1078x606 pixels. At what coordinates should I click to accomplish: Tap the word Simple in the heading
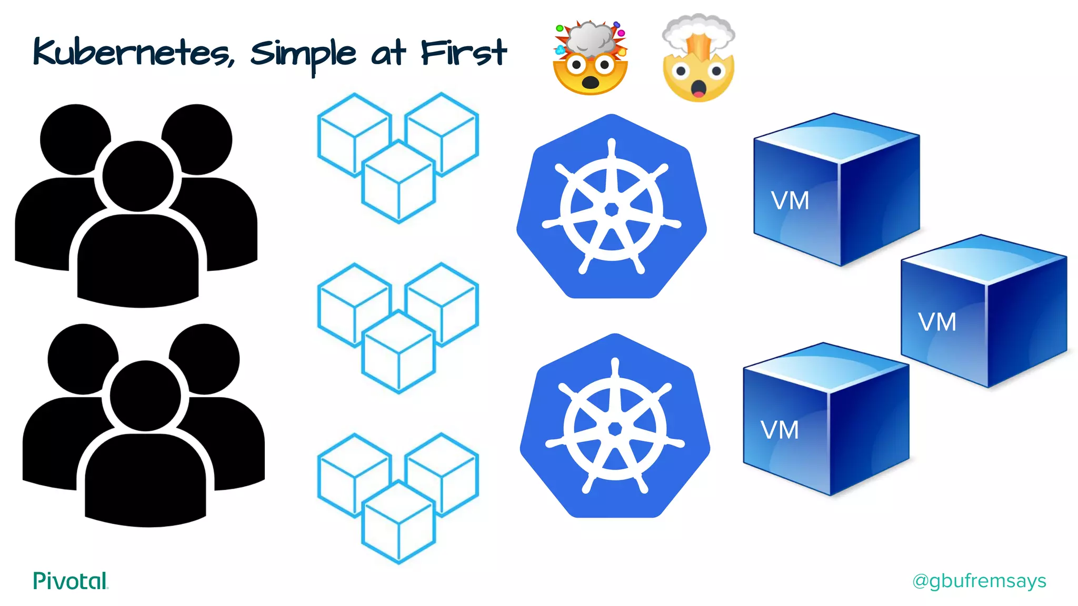coord(303,54)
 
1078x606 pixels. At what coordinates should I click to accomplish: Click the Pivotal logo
coord(71,581)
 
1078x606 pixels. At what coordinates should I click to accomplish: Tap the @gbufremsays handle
coord(979,581)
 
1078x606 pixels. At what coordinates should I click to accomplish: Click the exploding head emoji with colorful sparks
coord(590,58)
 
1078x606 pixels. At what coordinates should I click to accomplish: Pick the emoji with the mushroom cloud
coord(698,58)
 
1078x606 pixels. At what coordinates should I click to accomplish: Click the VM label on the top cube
coord(790,201)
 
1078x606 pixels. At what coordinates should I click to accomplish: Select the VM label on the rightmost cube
coord(937,322)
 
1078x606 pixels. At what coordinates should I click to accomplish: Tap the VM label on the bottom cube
coord(780,430)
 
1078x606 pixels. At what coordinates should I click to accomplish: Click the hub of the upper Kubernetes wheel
coord(612,209)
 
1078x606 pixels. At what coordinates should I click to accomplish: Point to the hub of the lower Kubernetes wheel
coord(615,429)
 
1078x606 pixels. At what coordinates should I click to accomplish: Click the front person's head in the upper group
coord(138,176)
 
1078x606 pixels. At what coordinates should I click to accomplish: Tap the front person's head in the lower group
coord(145,396)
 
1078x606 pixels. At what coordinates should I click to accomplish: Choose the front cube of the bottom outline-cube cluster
coord(398,523)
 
